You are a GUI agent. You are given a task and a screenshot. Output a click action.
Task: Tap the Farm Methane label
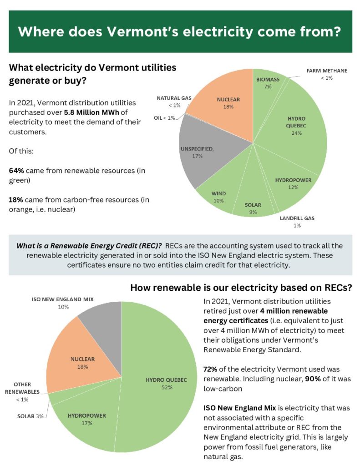point(326,71)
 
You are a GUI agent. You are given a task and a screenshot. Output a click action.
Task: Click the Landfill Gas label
point(297,218)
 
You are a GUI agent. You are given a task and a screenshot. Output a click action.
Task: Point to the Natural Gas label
point(174,98)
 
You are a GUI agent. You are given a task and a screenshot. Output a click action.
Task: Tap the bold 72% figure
point(212,369)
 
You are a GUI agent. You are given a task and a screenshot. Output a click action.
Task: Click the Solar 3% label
point(30,415)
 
